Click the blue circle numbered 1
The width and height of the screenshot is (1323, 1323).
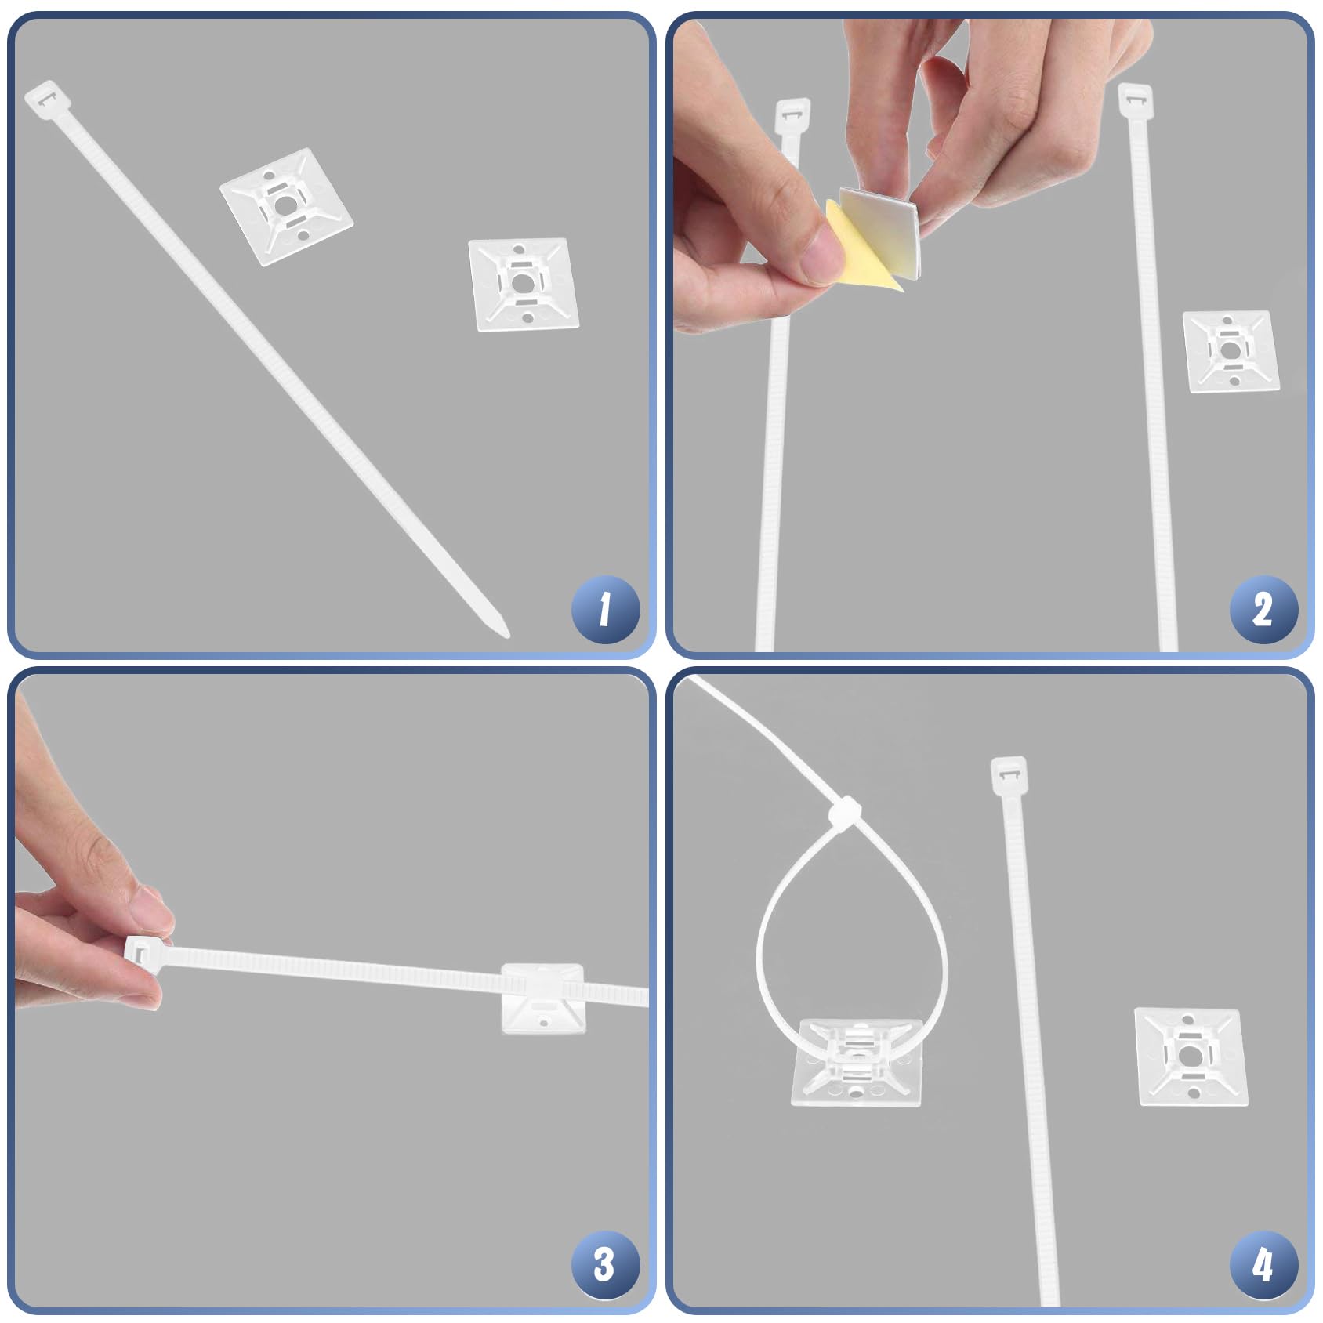point(604,609)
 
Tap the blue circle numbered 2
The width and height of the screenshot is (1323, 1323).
point(1263,609)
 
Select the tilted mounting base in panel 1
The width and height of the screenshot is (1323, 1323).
point(286,207)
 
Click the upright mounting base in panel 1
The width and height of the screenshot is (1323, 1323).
point(524,285)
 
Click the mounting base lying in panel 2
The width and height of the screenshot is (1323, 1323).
point(1231,350)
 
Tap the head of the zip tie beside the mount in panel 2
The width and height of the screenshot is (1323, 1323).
point(1135,100)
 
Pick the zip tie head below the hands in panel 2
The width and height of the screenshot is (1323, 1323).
point(792,116)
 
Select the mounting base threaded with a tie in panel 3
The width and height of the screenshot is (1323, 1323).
point(542,998)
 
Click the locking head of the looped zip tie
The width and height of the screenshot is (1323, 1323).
point(845,813)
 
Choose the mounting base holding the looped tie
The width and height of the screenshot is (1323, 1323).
point(857,1062)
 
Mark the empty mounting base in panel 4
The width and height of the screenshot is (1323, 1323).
point(1191,1057)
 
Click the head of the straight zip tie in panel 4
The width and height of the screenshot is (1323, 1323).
point(1009,774)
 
